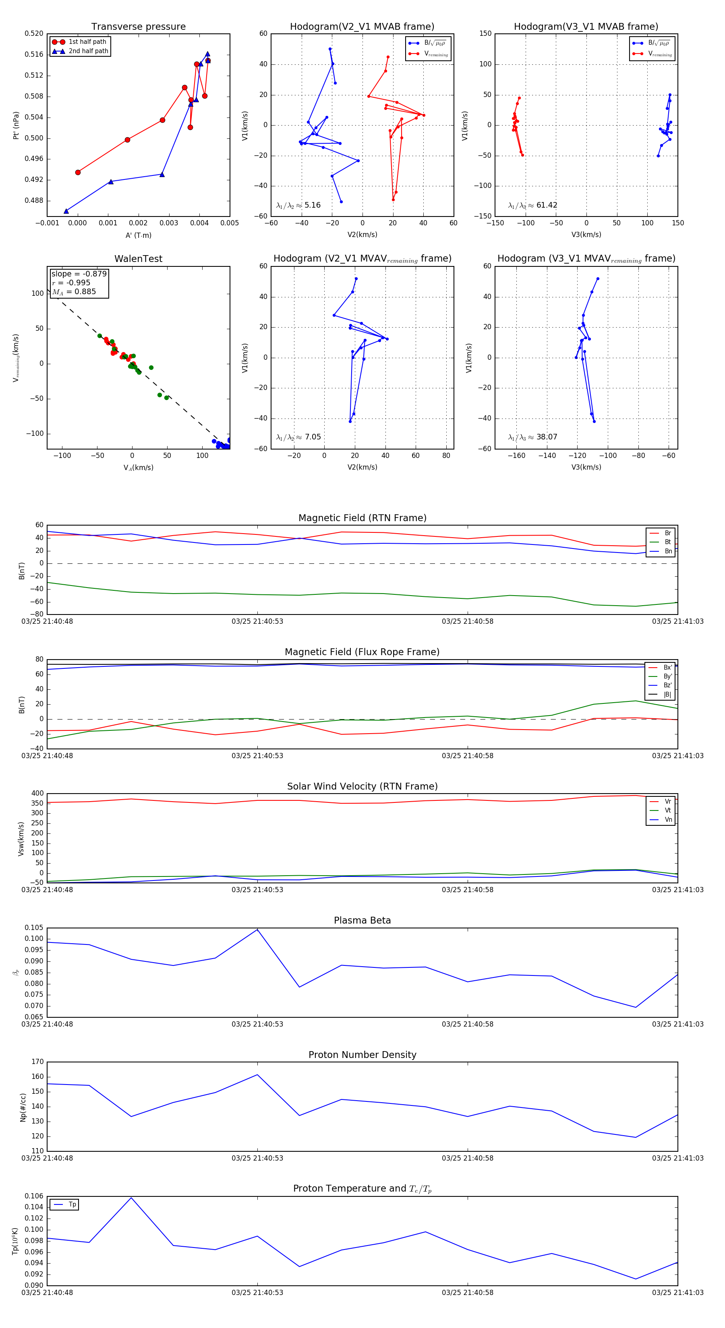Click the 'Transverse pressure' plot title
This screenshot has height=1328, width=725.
[138, 27]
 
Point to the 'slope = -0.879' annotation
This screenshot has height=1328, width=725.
[79, 274]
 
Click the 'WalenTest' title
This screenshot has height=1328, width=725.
[138, 259]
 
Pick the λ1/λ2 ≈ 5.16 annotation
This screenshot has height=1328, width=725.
[298, 205]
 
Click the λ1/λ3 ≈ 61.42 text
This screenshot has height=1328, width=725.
[532, 205]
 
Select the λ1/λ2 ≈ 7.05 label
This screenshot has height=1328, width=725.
[298, 437]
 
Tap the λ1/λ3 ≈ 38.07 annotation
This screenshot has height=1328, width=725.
[532, 437]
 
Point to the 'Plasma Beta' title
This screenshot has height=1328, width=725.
[362, 921]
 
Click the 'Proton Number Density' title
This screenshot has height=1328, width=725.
[362, 1055]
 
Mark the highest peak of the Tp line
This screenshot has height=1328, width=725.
[131, 1198]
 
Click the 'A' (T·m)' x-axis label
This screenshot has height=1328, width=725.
[138, 235]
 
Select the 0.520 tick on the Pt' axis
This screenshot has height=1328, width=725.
[34, 33]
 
